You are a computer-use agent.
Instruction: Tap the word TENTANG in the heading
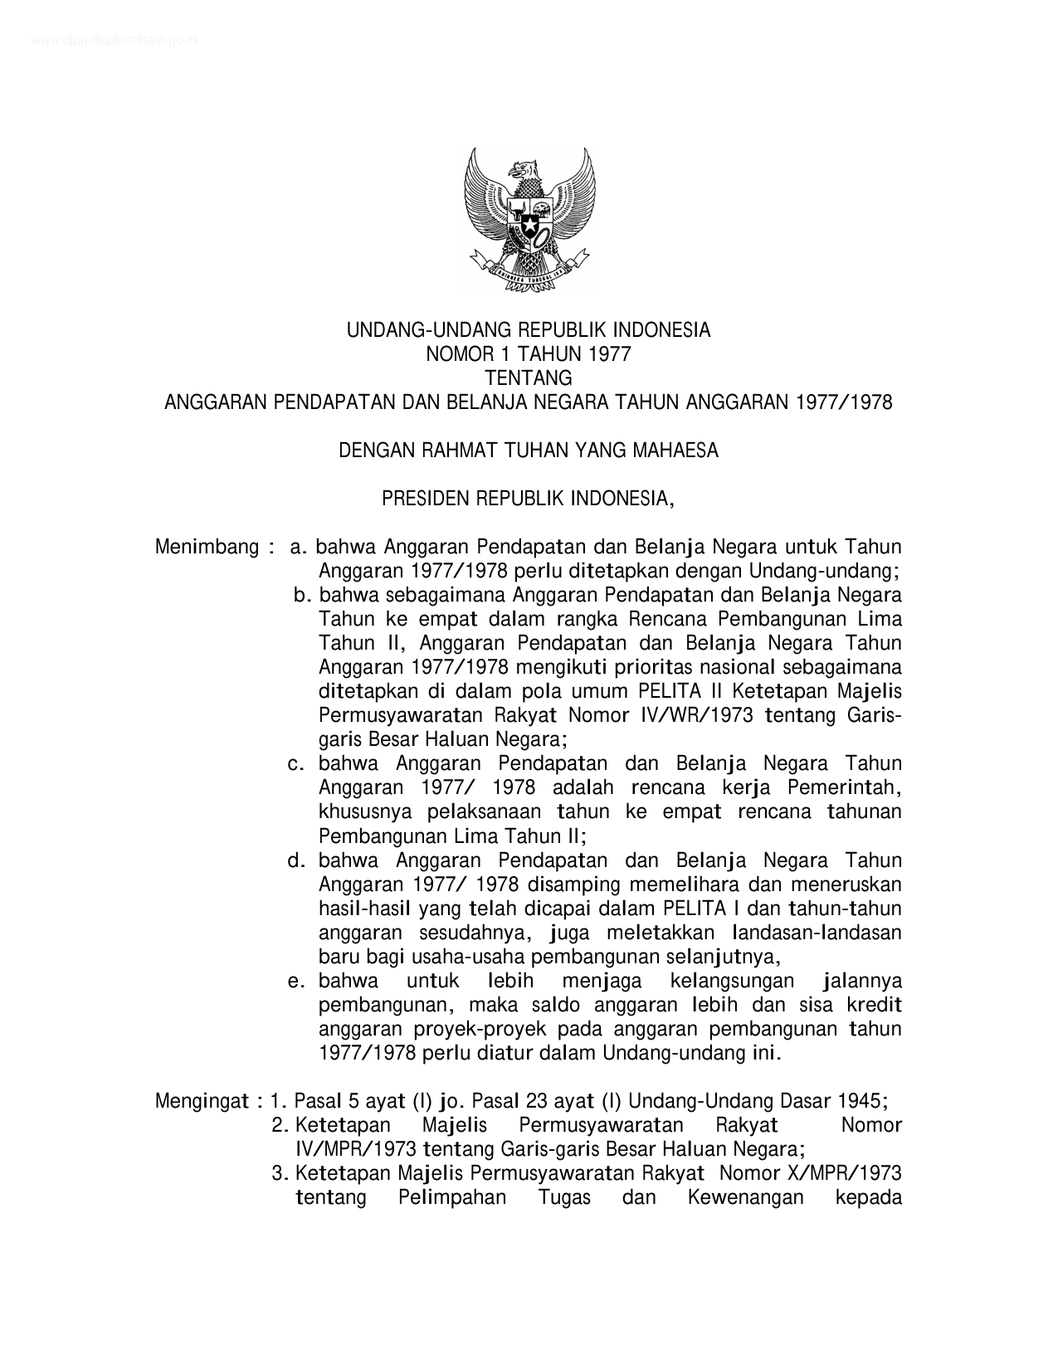(x=529, y=378)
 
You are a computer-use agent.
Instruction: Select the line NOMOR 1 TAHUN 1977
(x=529, y=354)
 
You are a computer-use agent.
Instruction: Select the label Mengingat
(x=202, y=1101)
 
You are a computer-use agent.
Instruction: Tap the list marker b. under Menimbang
(x=302, y=596)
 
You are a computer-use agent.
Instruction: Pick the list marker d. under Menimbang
(x=297, y=860)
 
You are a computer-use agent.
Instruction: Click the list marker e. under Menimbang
(x=297, y=982)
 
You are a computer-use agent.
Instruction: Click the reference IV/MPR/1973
(x=355, y=1149)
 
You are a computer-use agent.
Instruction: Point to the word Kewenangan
(x=745, y=1197)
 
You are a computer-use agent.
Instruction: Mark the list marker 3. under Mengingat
(x=279, y=1173)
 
